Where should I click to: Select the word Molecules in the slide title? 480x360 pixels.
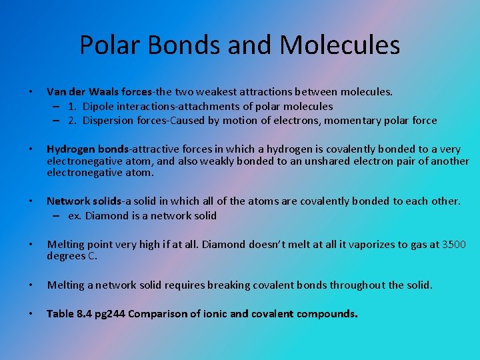tap(340, 45)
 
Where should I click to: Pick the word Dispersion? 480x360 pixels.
tap(111, 121)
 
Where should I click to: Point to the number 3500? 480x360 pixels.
tap(454, 244)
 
